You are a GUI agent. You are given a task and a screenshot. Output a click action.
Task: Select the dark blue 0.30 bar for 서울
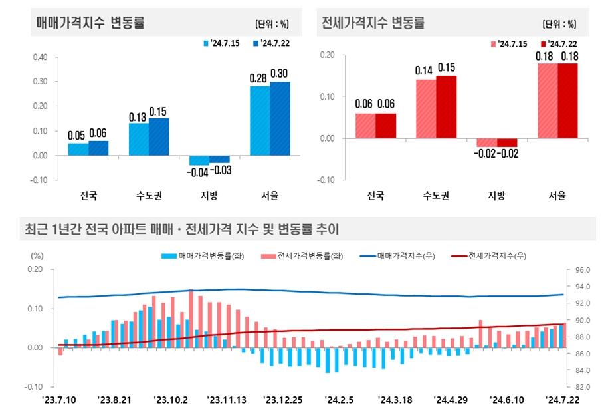coord(280,119)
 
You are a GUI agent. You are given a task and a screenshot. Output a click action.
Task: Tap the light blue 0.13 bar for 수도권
coord(138,139)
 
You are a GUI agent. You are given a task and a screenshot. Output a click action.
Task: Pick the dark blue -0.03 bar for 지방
coord(219,159)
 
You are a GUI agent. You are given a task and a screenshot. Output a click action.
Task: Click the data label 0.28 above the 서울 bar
coord(258,78)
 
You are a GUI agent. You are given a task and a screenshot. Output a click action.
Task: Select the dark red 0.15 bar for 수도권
coord(447,107)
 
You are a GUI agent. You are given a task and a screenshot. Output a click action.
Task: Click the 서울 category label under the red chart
coord(557,196)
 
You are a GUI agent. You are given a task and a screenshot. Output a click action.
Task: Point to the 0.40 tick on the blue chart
coord(39,57)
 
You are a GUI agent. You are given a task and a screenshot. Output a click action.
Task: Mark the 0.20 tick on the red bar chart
coord(326,55)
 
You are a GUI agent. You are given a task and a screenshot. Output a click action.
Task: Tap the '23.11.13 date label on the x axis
coord(227,400)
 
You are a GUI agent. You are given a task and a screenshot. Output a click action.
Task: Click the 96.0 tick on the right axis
coord(581,270)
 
